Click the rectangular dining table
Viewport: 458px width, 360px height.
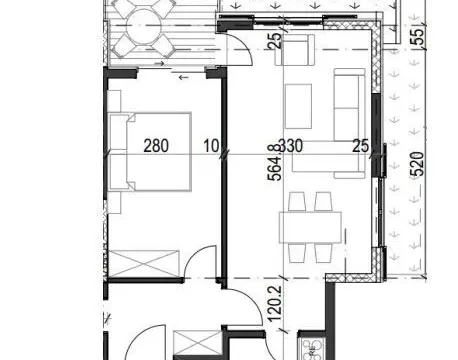click(310, 227)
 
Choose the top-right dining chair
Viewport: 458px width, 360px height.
click(323, 201)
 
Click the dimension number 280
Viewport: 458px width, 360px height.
click(156, 145)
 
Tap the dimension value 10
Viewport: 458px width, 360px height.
click(211, 145)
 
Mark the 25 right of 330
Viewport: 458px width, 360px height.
click(361, 145)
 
